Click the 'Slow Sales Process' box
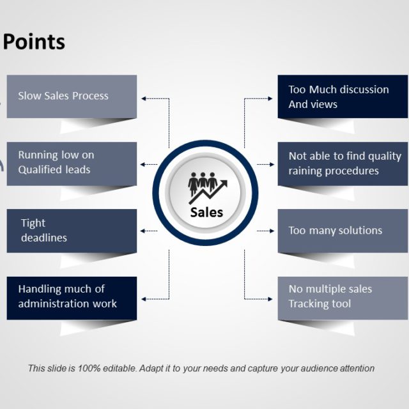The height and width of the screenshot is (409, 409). (x=72, y=96)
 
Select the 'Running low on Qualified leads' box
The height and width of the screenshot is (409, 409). (x=72, y=163)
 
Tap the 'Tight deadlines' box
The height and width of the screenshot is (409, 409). (x=72, y=231)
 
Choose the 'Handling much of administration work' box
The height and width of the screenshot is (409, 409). (x=72, y=297)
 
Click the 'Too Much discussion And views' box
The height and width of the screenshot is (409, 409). (x=343, y=96)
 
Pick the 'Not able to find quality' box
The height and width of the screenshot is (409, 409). (x=343, y=163)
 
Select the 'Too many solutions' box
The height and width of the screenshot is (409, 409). (x=343, y=231)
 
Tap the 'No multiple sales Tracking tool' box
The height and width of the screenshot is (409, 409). (x=343, y=297)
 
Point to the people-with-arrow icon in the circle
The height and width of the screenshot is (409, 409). (x=206, y=187)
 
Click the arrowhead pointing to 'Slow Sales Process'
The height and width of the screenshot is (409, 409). (x=144, y=98)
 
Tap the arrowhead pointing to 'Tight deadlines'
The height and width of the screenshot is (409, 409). (x=144, y=231)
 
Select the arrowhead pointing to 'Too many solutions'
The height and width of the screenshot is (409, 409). (x=270, y=231)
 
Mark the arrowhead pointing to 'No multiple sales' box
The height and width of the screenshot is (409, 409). (x=270, y=298)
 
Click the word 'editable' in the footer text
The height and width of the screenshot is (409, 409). (x=102, y=369)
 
